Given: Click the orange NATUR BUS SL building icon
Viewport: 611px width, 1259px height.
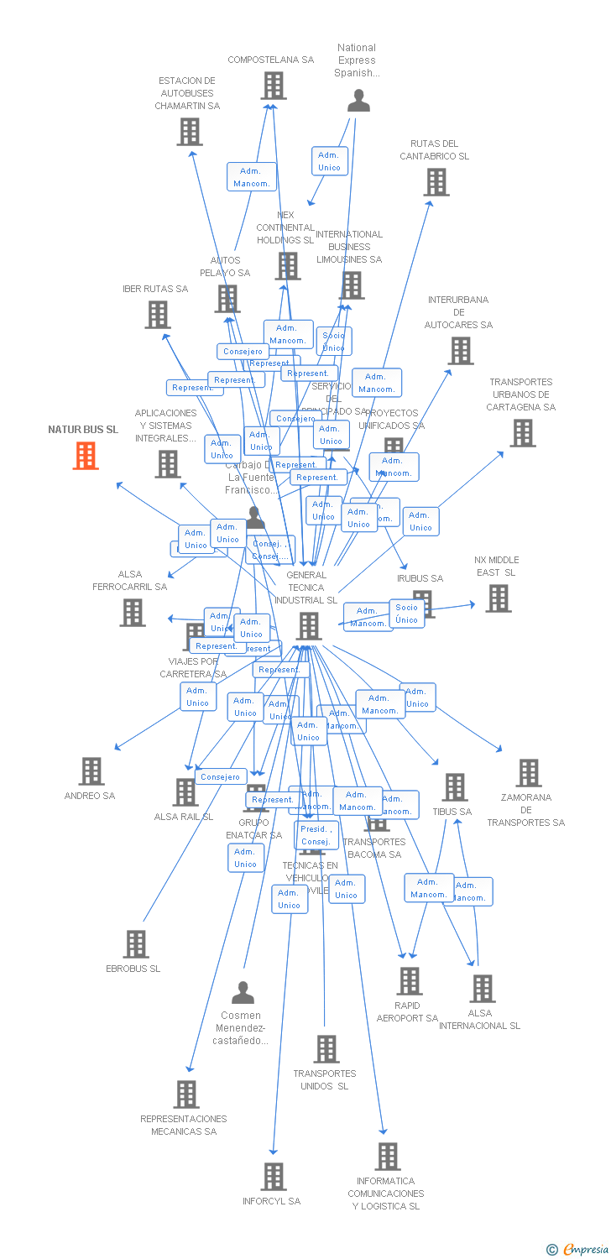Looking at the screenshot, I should click(x=86, y=455).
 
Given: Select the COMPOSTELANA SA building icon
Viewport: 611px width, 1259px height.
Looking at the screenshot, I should click(x=273, y=86).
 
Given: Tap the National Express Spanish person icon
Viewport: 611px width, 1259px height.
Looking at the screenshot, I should click(x=358, y=101).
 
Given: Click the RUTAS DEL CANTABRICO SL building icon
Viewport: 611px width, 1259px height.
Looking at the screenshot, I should click(x=436, y=182).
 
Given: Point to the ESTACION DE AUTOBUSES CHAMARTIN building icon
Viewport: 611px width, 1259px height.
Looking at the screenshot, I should click(x=190, y=132).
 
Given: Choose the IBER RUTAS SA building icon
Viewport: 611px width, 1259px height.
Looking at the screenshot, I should click(x=157, y=315).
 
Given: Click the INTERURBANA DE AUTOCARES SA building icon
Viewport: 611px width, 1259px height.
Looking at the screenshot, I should click(x=461, y=350).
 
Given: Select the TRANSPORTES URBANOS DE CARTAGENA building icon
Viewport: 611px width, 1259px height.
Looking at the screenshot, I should click(x=522, y=433).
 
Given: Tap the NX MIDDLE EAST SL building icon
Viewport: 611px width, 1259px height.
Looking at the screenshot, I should click(x=498, y=598).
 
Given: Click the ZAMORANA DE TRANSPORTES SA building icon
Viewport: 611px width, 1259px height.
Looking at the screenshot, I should click(x=528, y=773).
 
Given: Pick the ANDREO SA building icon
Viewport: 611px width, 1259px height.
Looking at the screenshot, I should click(x=91, y=771).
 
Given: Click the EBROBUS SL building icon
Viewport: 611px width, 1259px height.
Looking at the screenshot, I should click(x=135, y=944).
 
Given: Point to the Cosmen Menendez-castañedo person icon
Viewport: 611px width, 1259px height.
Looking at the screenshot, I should click(x=243, y=993).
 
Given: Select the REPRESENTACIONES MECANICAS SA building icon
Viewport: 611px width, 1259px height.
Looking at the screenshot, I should click(x=186, y=1094).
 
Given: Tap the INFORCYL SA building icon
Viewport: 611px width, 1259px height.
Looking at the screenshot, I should click(x=273, y=1177).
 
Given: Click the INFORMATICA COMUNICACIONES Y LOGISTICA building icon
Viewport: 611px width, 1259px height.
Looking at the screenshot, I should click(x=387, y=1157).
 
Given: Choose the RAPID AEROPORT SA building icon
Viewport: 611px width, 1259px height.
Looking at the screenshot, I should click(x=409, y=980).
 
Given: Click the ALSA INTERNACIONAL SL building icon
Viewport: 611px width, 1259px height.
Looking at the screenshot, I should click(x=482, y=989).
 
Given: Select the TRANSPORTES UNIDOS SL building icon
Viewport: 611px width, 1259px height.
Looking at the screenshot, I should click(x=326, y=1049).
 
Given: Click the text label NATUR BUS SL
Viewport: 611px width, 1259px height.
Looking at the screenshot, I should click(x=83, y=430).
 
